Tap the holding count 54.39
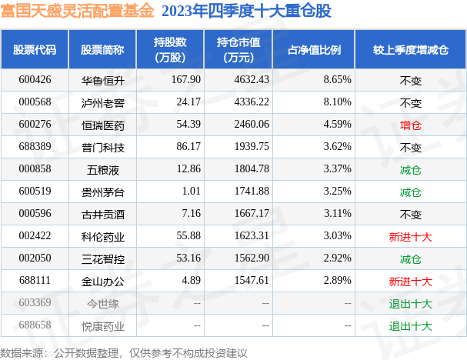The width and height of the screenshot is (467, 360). click(x=187, y=124)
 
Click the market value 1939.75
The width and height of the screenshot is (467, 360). click(x=252, y=146)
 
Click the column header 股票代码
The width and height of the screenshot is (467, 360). click(x=35, y=50)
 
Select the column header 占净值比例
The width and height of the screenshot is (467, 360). click(x=314, y=50)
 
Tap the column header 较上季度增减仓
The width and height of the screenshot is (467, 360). click(x=410, y=50)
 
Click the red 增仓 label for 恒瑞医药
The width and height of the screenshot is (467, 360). click(x=410, y=124)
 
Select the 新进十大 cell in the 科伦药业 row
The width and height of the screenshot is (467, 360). click(x=410, y=236)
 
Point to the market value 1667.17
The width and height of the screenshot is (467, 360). click(x=252, y=214)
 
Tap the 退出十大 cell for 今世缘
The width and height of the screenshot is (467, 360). click(x=410, y=303)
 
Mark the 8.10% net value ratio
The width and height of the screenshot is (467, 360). click(x=337, y=102)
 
